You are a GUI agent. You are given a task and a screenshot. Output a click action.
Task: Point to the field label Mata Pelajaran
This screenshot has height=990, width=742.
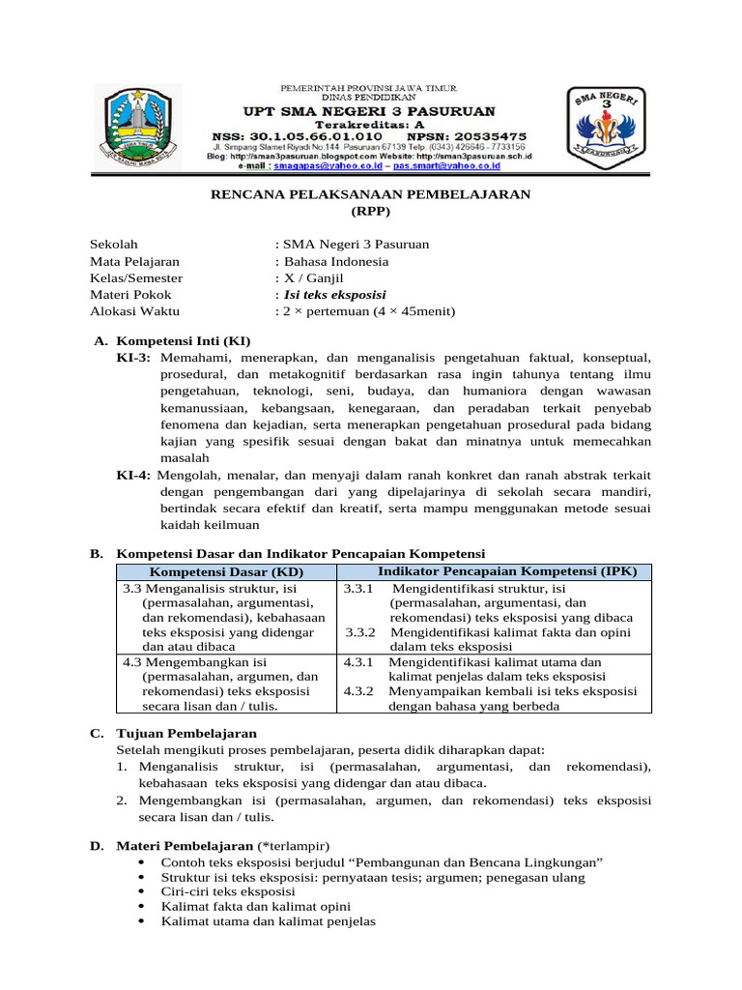tap(134, 261)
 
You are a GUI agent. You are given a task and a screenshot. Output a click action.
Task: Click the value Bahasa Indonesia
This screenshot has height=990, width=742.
tap(335, 261)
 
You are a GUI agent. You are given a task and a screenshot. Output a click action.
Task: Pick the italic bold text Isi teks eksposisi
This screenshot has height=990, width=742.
tap(333, 294)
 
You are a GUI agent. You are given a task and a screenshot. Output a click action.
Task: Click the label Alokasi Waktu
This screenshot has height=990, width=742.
tap(135, 310)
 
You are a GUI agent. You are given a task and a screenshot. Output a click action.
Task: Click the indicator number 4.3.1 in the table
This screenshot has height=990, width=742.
tap(358, 662)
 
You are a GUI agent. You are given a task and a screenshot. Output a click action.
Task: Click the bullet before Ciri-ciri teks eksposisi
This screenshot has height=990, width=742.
tap(143, 890)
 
